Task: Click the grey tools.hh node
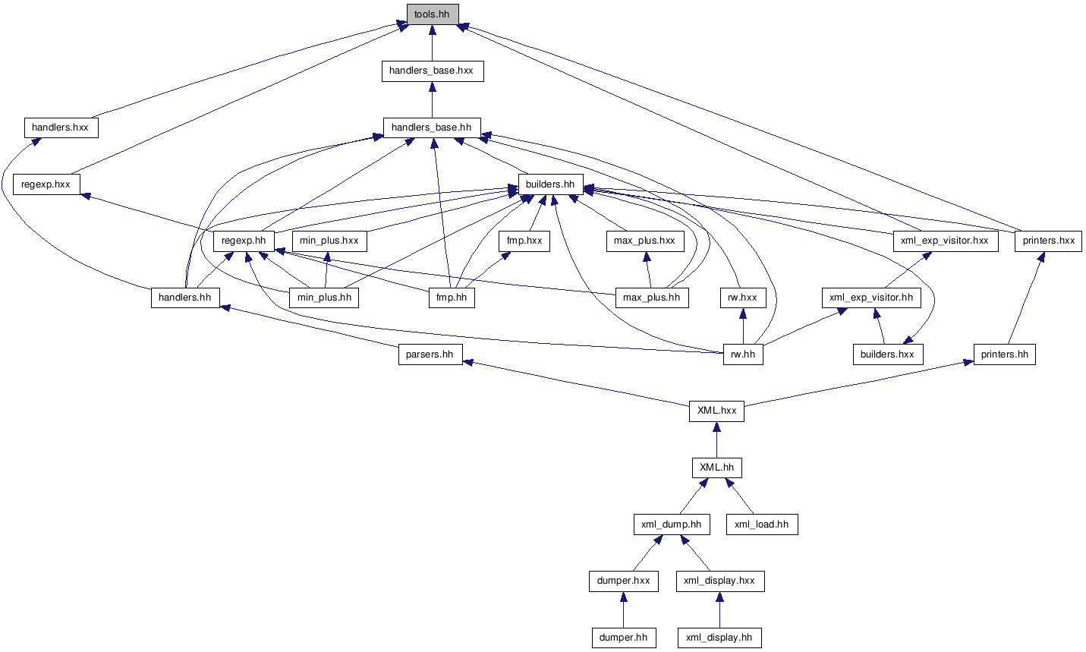[433, 14]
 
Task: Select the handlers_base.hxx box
[433, 71]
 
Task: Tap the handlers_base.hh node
[432, 128]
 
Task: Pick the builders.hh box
[550, 184]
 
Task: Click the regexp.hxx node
[46, 184]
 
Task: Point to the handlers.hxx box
[61, 128]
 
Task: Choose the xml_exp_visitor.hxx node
[946, 241]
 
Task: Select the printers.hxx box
[1048, 241]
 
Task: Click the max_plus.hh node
[652, 298]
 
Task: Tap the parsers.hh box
[430, 354]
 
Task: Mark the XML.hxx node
[716, 411]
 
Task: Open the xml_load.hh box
[762, 524]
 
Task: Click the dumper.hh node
[624, 638]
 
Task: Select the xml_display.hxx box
[720, 581]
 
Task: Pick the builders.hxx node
[888, 354]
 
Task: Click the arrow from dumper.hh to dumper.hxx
[624, 609]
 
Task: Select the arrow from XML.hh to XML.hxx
[716, 439]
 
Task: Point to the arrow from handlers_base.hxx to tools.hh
[432, 43]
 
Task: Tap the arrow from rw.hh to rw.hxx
[743, 326]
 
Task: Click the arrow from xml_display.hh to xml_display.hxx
[719, 609]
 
